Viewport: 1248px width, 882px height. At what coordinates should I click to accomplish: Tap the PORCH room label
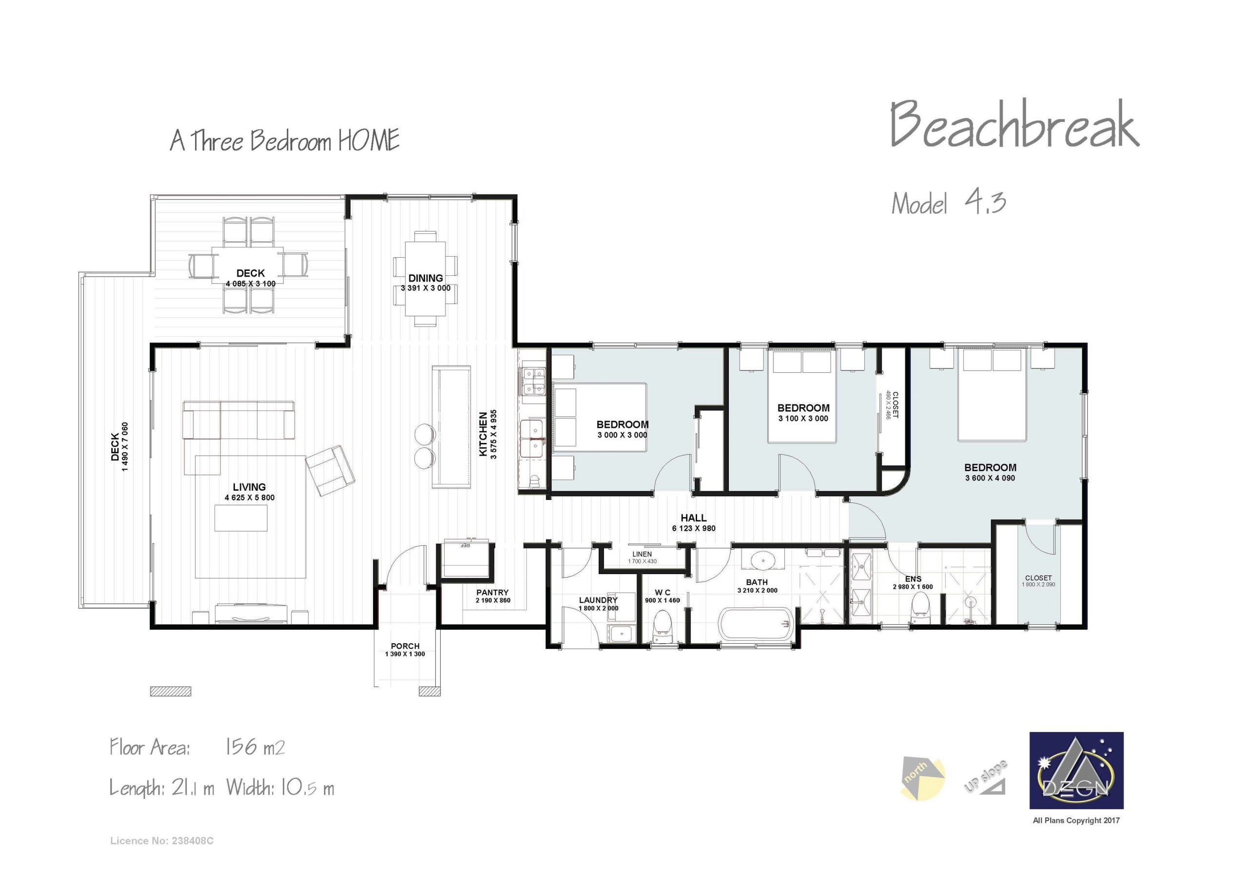[x=405, y=646]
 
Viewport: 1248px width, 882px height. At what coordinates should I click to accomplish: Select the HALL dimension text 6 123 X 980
[x=694, y=528]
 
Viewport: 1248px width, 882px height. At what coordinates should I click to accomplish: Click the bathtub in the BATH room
[x=756, y=625]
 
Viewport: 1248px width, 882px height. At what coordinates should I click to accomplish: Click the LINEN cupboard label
[x=642, y=555]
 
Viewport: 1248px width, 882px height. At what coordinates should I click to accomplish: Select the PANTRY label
[x=492, y=593]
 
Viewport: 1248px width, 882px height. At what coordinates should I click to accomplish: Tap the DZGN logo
[x=1076, y=770]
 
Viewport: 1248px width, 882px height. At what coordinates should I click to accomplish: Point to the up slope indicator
[x=987, y=777]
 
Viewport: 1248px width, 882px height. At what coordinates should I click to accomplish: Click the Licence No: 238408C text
[x=161, y=841]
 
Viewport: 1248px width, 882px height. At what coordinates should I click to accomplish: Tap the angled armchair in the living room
[x=330, y=471]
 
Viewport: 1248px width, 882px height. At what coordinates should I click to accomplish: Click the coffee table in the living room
[x=241, y=518]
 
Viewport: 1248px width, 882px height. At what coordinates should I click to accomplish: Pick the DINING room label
[x=426, y=278]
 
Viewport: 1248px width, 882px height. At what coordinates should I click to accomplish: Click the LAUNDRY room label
[x=598, y=600]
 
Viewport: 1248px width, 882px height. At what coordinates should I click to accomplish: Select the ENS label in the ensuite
[x=913, y=579]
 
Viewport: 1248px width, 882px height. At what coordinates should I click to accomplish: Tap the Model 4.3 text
[x=949, y=203]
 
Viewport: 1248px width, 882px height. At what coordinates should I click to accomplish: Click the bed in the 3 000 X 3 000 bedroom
[x=600, y=417]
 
